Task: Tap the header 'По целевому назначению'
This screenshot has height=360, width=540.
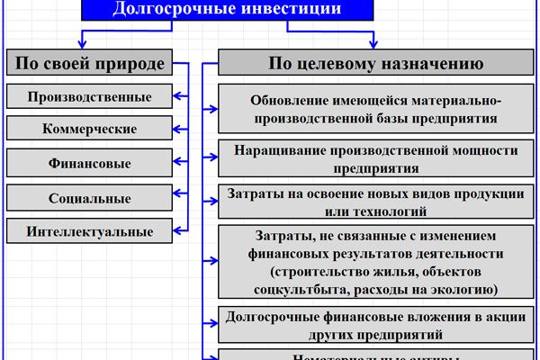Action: pyautogui.click(x=376, y=64)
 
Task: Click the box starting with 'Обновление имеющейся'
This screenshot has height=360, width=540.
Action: pyautogui.click(x=376, y=108)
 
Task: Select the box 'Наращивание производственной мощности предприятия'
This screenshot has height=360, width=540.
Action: pyautogui.click(x=376, y=158)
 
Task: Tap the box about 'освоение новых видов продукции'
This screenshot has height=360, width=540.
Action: pyautogui.click(x=376, y=203)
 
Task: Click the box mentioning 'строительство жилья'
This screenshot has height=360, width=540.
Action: pyautogui.click(x=376, y=262)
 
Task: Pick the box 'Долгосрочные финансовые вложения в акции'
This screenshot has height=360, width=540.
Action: pyautogui.click(x=376, y=325)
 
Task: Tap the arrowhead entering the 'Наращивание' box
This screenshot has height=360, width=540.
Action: pyautogui.click(x=213, y=158)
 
